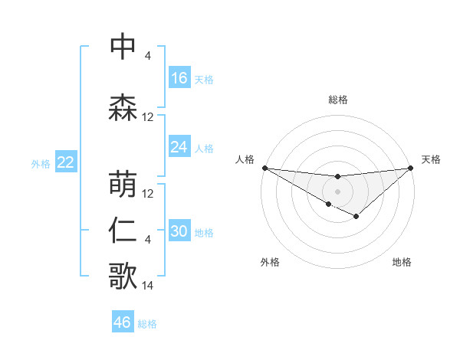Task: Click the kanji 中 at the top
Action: coord(123,47)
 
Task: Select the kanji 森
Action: coord(123,106)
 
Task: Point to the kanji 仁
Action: coord(123,231)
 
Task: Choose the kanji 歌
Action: coord(123,275)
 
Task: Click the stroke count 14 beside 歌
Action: coord(148,286)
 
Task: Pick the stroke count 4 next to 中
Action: coord(148,56)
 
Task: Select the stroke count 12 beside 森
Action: coord(148,117)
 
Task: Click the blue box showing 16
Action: coord(179,78)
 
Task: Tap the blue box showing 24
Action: coord(179,147)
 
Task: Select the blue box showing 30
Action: coord(179,231)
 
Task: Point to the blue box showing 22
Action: coord(65,162)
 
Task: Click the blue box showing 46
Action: coord(123,322)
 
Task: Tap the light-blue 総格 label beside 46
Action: coord(148,324)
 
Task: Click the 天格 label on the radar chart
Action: coord(431,159)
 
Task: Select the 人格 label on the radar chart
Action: coord(245,159)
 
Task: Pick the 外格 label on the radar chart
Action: coord(270,262)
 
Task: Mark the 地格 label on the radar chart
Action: coord(402,262)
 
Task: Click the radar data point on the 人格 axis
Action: coord(264,167)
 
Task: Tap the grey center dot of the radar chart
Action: coord(337,191)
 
